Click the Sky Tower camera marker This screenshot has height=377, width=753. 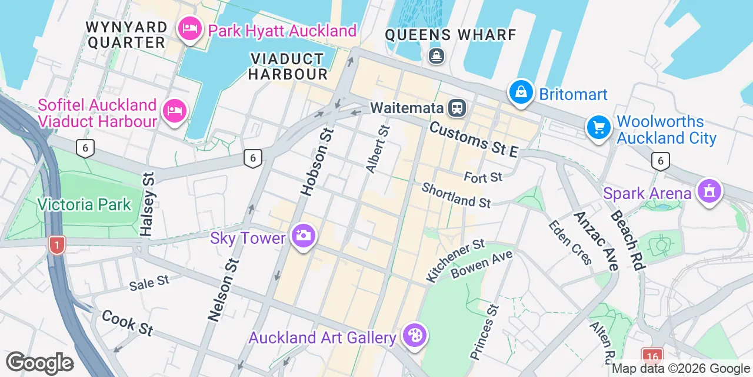click(303, 236)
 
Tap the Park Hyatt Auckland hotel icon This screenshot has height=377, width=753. click(190, 28)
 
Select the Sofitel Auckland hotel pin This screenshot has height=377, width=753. click(175, 110)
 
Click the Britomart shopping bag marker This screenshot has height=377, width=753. click(521, 92)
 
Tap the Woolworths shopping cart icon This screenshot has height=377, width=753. click(599, 127)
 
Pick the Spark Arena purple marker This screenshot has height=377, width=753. click(709, 191)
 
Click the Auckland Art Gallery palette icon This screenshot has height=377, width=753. click(415, 336)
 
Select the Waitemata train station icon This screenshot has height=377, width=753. click(457, 108)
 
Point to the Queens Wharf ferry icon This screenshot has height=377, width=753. click(437, 56)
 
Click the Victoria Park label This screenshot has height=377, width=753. click(84, 204)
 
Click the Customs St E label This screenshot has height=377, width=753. click(474, 140)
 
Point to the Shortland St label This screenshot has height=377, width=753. click(456, 195)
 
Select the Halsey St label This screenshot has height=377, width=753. click(148, 204)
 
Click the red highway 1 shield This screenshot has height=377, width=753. click(56, 245)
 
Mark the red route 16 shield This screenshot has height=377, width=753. click(652, 356)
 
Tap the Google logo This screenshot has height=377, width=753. click(39, 363)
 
